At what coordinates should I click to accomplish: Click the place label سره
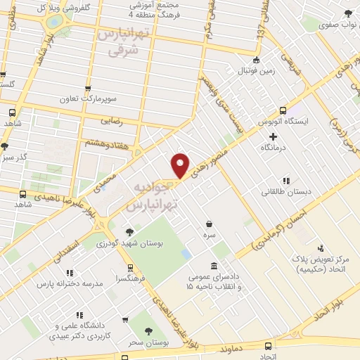coord(209,224)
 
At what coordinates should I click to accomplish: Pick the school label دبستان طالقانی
coord(285,191)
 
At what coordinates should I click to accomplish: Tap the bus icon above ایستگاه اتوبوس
coord(283,110)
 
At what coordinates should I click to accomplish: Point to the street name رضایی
coord(112,120)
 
